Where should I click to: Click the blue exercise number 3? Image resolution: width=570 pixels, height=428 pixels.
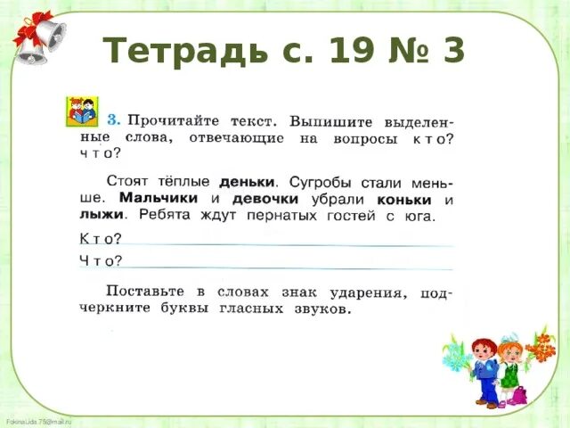[113, 119]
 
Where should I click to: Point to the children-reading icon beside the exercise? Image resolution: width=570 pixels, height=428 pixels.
[83, 112]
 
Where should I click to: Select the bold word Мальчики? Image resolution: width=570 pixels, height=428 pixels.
[159, 198]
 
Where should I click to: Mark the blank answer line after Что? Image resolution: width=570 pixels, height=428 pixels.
[285, 264]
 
